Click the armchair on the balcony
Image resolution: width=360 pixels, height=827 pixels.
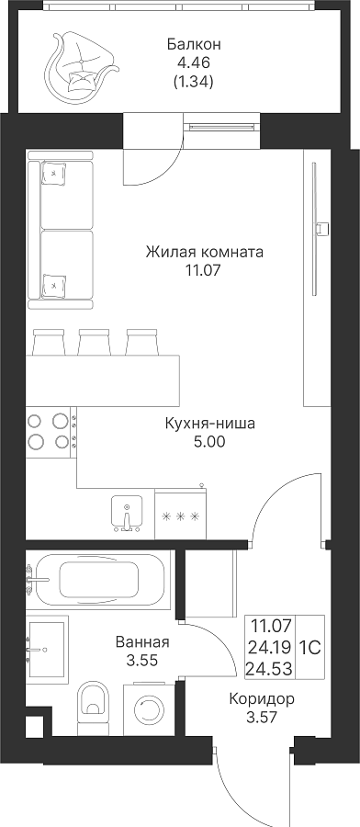point(81,67)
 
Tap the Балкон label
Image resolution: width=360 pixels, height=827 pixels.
point(194,44)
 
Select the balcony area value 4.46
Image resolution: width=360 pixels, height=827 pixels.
point(194,63)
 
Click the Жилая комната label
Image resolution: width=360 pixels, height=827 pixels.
point(205,252)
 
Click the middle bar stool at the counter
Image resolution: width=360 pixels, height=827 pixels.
point(95,342)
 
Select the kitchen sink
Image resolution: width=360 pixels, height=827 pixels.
point(127,513)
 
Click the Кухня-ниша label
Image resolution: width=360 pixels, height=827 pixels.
point(209,424)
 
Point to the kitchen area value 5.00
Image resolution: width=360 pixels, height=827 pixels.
point(209,441)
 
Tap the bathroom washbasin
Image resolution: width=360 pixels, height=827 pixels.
point(47,648)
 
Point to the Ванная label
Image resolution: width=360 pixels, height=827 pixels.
point(142,642)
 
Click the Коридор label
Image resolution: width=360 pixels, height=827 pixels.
point(262,699)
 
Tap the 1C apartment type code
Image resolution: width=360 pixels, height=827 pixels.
point(310,648)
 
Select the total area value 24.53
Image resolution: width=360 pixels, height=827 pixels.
point(271,670)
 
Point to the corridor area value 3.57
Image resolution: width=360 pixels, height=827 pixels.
point(262,718)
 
